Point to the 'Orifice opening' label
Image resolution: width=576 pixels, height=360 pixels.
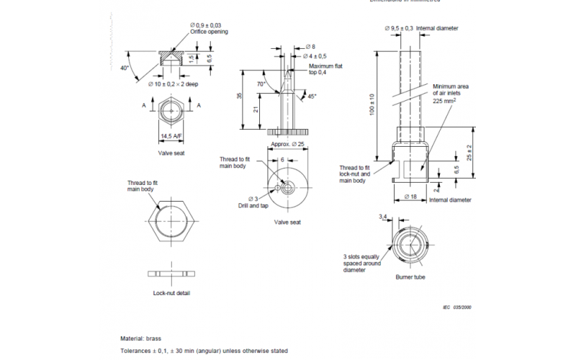tap(210, 32)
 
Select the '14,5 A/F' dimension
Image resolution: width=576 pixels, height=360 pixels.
tap(171, 136)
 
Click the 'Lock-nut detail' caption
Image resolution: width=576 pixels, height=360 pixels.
tap(172, 293)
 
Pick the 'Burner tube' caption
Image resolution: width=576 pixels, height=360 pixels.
tap(410, 276)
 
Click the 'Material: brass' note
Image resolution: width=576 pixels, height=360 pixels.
tap(140, 338)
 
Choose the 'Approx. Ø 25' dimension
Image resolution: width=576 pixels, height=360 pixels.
tap(288, 144)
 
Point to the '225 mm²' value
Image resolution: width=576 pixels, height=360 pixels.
tap(444, 101)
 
